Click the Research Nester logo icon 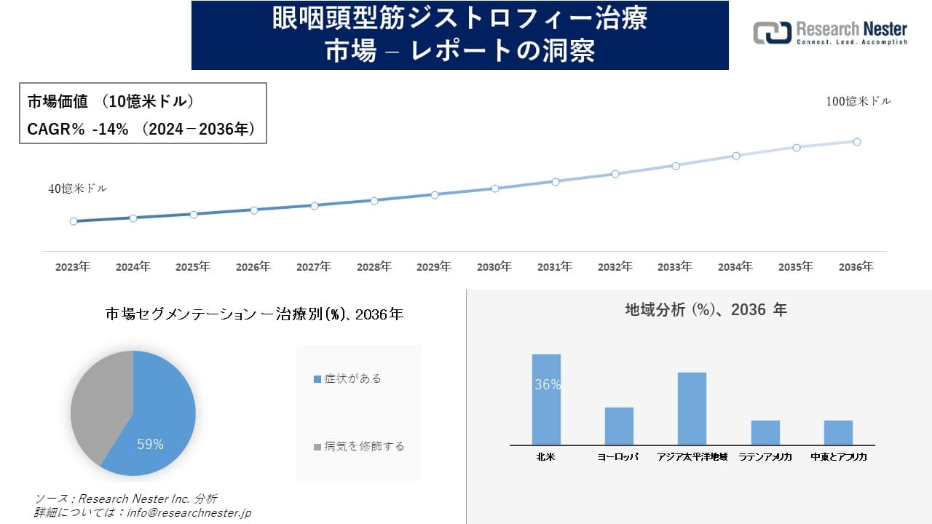(x=772, y=33)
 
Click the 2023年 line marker (x=74, y=221)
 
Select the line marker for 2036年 (x=857, y=142)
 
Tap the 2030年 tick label (x=494, y=267)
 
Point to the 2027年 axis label (x=314, y=267)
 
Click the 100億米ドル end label (x=858, y=102)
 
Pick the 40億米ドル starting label (x=78, y=188)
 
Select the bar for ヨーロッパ (x=619, y=426)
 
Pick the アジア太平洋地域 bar (x=692, y=408)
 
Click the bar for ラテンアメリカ (x=765, y=432)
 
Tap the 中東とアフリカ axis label (x=838, y=457)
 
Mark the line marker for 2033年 (x=676, y=166)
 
